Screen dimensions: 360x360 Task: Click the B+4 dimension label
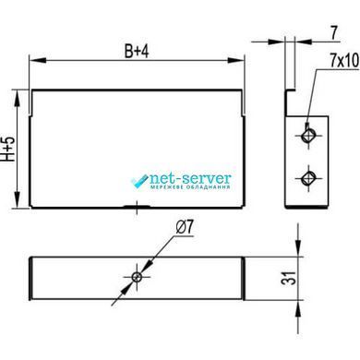pyautogui.click(x=137, y=51)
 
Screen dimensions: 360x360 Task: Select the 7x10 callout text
pyautogui.click(x=344, y=61)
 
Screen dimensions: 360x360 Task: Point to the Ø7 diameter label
pyautogui.click(x=186, y=228)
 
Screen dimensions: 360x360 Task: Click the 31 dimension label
pyautogui.click(x=289, y=278)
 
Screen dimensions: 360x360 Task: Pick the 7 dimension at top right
pyautogui.click(x=334, y=32)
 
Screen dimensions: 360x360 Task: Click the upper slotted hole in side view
pyautogui.click(x=308, y=135)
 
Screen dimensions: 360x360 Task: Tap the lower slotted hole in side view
pyautogui.click(x=308, y=178)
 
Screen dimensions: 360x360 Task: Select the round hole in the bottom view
pyautogui.click(x=137, y=277)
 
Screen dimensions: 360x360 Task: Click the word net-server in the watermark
pyautogui.click(x=190, y=178)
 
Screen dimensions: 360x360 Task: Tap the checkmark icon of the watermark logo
pyautogui.click(x=139, y=181)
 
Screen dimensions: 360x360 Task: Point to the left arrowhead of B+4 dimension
pyautogui.click(x=38, y=60)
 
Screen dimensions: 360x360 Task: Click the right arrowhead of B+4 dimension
pyautogui.click(x=236, y=60)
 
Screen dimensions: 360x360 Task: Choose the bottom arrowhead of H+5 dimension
pyautogui.click(x=18, y=199)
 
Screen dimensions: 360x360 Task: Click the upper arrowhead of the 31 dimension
pyautogui.click(x=298, y=247)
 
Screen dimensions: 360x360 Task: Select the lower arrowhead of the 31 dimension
pyautogui.click(x=298, y=308)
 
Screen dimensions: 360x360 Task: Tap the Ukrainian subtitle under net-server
pyautogui.click(x=190, y=186)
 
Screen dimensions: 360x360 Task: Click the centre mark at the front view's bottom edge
pyautogui.click(x=137, y=207)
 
